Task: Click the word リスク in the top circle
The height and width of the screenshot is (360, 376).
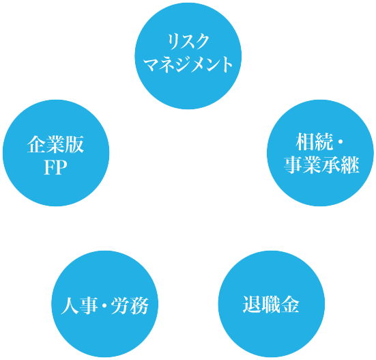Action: click(188, 42)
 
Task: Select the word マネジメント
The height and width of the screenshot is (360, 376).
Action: click(188, 64)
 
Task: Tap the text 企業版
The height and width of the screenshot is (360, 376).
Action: click(56, 145)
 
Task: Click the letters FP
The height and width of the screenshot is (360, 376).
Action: click(56, 167)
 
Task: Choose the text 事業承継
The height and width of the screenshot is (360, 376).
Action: click(321, 165)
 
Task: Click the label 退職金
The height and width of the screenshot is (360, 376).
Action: click(271, 304)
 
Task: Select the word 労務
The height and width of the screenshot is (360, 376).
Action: click(130, 305)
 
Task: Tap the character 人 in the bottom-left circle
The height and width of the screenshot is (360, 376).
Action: click(70, 305)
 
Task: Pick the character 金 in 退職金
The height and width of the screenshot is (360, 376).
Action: click(290, 304)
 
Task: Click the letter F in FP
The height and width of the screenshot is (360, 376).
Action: click(49, 167)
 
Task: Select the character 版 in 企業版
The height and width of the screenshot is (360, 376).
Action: click(75, 145)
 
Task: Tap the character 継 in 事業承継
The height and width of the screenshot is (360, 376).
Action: click(350, 165)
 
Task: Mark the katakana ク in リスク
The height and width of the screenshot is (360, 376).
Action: click(201, 42)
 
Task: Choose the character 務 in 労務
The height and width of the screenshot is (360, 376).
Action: click(139, 305)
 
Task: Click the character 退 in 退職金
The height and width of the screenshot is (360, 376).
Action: click(252, 304)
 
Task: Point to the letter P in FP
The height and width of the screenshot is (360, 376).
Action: click(61, 167)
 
